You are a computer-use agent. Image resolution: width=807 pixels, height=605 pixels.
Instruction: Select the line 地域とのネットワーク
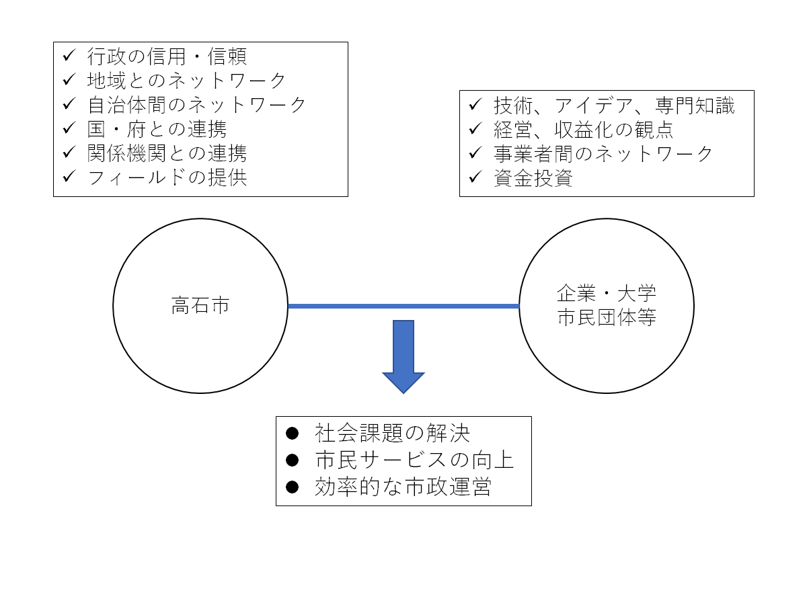(x=186, y=80)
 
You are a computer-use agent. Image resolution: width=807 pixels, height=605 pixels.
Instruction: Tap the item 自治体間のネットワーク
(x=196, y=104)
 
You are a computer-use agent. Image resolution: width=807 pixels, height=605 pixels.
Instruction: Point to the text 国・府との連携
(x=157, y=128)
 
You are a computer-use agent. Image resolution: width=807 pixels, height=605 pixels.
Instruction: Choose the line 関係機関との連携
(x=167, y=153)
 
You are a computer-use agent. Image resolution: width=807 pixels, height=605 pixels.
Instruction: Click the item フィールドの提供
(x=167, y=177)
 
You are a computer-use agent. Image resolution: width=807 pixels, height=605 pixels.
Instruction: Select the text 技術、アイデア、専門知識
(x=614, y=105)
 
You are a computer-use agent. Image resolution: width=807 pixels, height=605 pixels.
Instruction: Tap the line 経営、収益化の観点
(x=584, y=129)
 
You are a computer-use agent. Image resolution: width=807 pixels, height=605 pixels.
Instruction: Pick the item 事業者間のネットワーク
(x=603, y=153)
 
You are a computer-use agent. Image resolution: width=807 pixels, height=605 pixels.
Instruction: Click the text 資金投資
(x=533, y=178)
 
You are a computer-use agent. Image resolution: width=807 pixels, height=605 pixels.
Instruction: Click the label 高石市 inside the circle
(x=200, y=306)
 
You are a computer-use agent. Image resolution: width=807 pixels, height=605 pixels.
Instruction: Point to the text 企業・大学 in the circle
(x=607, y=294)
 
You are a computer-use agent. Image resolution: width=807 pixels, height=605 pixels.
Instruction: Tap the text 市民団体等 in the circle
(x=607, y=318)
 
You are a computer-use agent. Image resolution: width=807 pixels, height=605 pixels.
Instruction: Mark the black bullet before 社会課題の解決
(x=292, y=433)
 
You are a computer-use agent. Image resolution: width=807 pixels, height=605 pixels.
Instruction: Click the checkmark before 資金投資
(x=475, y=178)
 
